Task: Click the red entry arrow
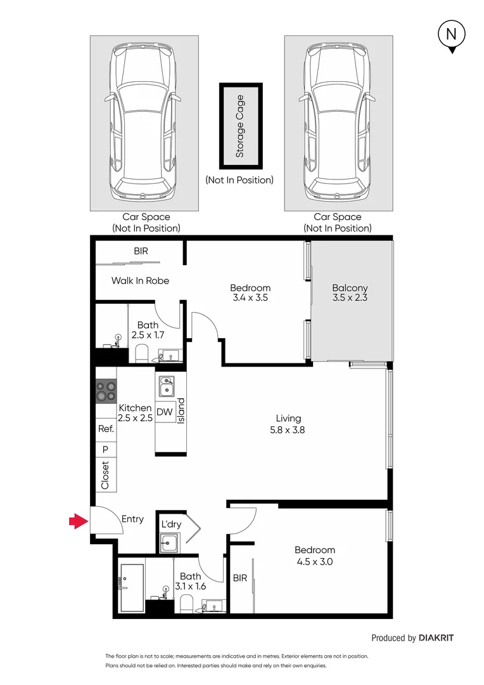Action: click(x=78, y=521)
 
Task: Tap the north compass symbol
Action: click(x=451, y=36)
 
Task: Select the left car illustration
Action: click(x=144, y=123)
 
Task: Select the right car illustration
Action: click(x=338, y=123)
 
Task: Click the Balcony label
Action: click(x=350, y=292)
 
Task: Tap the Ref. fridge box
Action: click(x=105, y=429)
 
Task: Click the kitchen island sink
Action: click(x=166, y=386)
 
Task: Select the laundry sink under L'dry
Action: click(x=169, y=542)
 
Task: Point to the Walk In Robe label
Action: click(x=140, y=280)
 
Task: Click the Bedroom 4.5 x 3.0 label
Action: click(x=314, y=556)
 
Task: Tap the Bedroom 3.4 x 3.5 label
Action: click(x=250, y=292)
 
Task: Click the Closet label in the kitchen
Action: click(x=105, y=476)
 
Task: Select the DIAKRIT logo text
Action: click(x=436, y=638)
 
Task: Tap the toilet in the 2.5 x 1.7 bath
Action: click(x=141, y=354)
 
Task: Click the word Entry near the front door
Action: click(x=132, y=519)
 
